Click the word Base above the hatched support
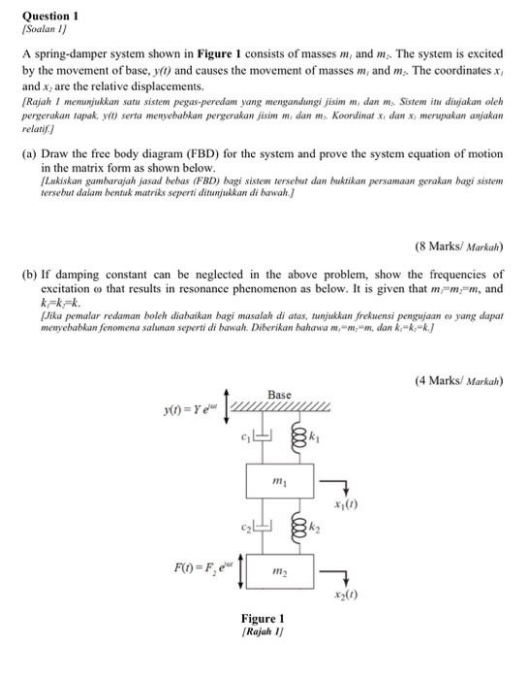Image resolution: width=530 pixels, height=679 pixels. pos(279,394)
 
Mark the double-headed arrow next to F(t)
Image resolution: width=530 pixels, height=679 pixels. pos(226,564)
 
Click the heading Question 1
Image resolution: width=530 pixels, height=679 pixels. pos(49,16)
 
